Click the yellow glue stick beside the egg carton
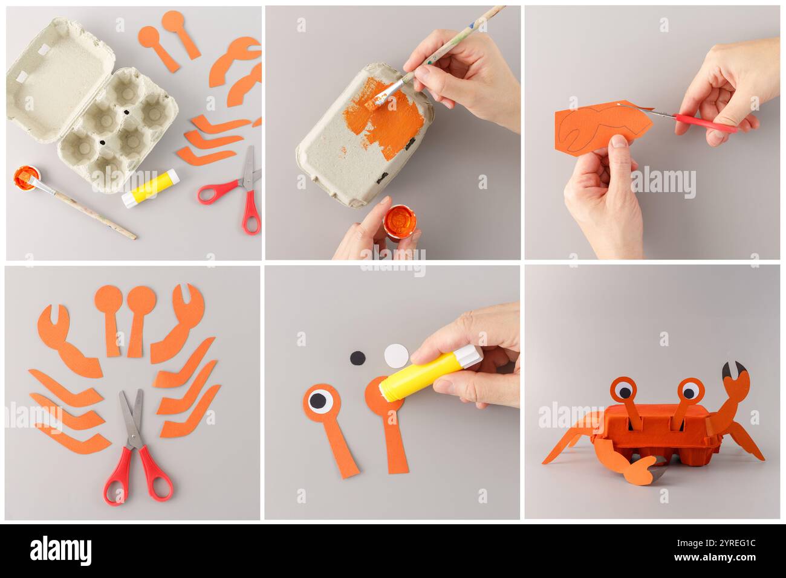pyautogui.click(x=150, y=188)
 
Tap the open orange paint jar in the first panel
pyautogui.click(x=25, y=176)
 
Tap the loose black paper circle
pyautogui.click(x=357, y=358)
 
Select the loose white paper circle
pyautogui.click(x=395, y=355)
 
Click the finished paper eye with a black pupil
pyautogui.click(x=320, y=399)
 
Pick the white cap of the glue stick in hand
pyautogui.click(x=467, y=356)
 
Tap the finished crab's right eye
pyautogui.click(x=688, y=390)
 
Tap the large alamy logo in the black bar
pyautogui.click(x=60, y=550)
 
